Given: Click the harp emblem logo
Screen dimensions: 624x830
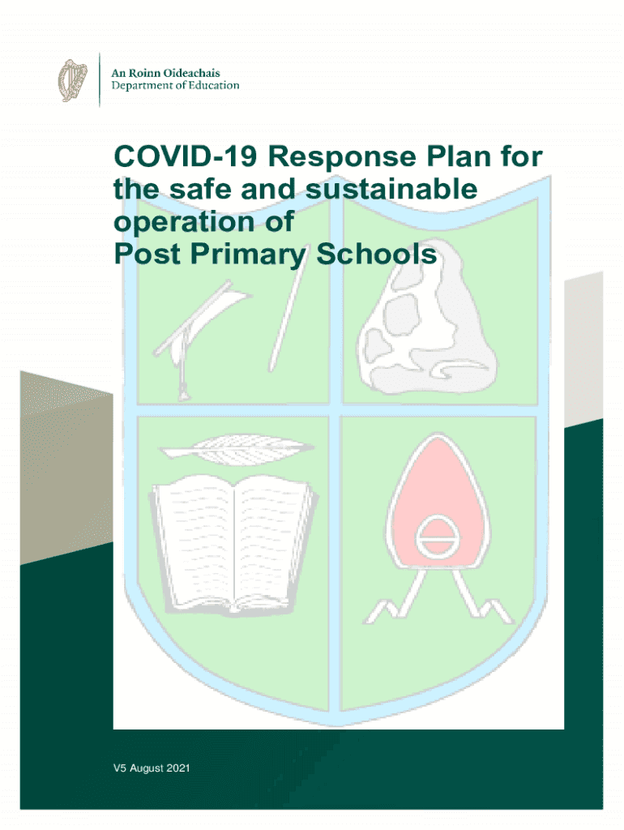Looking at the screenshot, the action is [x=72, y=80].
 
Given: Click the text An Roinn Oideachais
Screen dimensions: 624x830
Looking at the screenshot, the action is [x=165, y=73].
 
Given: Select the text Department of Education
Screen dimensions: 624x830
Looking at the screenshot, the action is [x=175, y=85].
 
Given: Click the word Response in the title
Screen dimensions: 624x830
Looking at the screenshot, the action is [x=343, y=157].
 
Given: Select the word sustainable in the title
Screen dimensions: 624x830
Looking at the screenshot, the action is [x=391, y=189].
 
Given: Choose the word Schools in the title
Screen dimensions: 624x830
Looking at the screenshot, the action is [x=376, y=254].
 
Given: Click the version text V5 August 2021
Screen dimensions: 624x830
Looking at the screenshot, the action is [x=152, y=768].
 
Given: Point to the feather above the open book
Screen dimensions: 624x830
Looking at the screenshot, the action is [x=235, y=449].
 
